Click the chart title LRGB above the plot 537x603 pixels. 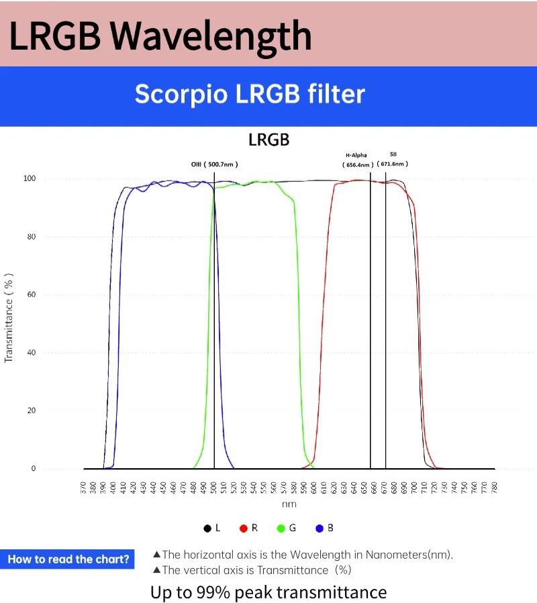pos(268,140)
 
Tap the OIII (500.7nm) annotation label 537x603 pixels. pos(214,164)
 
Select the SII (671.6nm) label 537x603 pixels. pos(393,160)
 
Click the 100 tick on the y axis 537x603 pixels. pos(30,179)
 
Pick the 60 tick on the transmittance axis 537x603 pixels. pos(32,295)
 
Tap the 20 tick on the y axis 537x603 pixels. pos(32,410)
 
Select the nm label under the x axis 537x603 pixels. pos(289,504)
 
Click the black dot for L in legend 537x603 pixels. pos(207,529)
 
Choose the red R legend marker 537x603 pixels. pos(244,529)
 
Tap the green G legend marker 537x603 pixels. pos(281,529)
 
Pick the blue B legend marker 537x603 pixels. pos(320,529)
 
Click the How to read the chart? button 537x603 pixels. pos(68,559)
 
